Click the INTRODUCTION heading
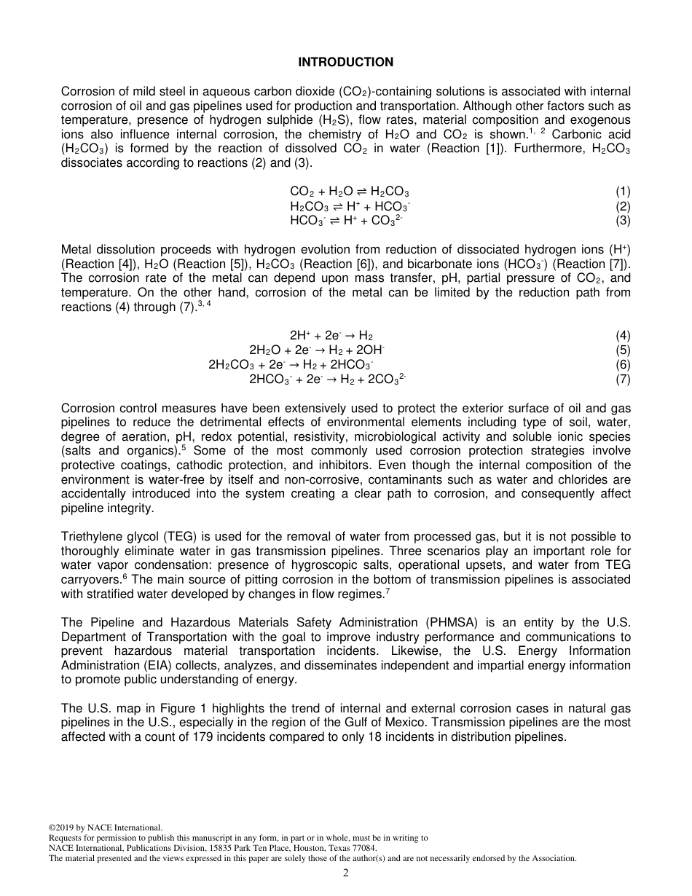tap(345, 63)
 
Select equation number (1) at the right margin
tap(623, 192)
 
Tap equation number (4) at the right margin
tap(623, 336)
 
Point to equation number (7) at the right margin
tap(623, 379)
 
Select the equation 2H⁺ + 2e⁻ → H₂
tap(331, 336)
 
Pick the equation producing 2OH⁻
tap(317, 350)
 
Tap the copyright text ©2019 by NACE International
tap(105, 827)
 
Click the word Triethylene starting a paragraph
tap(92, 537)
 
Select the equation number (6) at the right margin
tap(623, 364)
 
